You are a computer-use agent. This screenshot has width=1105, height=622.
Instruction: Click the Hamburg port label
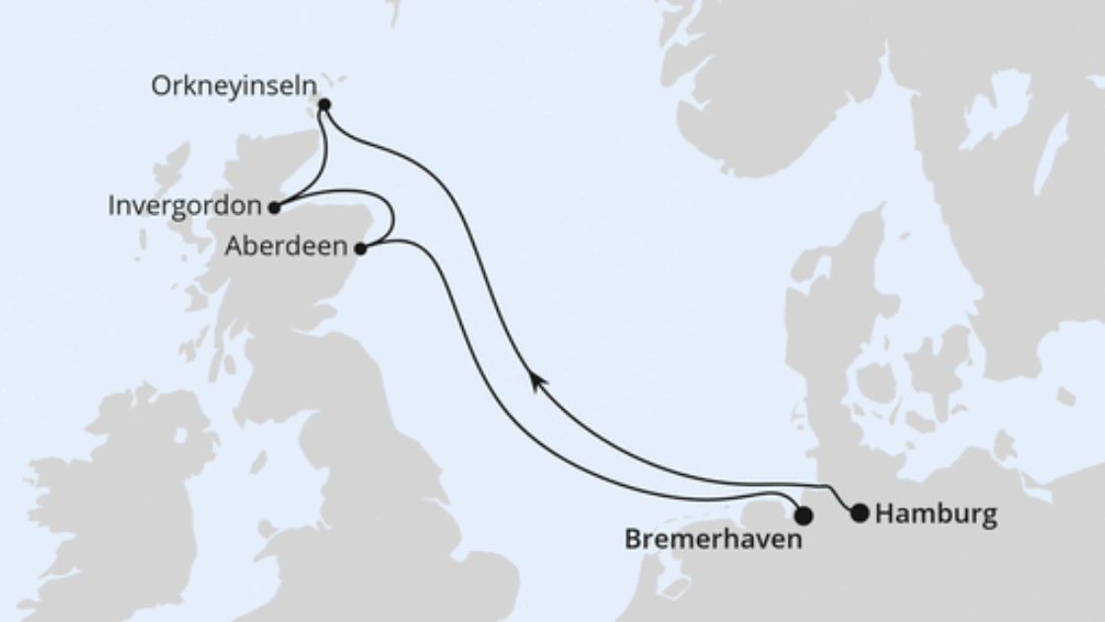click(x=935, y=514)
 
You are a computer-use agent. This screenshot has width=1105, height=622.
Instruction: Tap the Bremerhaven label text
click(x=713, y=539)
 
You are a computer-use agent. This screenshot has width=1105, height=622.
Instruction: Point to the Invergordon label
click(x=185, y=207)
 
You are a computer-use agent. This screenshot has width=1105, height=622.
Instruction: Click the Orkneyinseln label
click(x=235, y=87)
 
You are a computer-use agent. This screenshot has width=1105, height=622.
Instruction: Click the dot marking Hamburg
click(x=860, y=513)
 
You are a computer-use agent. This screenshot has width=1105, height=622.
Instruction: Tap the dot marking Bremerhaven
click(x=803, y=516)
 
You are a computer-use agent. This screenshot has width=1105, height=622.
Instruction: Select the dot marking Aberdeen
click(x=361, y=248)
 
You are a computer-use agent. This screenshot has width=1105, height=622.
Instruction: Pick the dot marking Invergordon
click(x=274, y=208)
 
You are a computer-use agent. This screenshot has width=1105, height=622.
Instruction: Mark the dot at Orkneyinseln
click(x=324, y=104)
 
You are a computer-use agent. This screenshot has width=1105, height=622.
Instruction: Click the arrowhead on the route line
click(x=535, y=380)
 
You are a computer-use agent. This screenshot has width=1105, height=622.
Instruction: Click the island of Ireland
click(x=118, y=493)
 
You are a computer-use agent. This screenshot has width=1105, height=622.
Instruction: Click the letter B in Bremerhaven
click(x=634, y=539)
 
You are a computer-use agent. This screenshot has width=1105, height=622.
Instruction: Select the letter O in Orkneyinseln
click(x=160, y=87)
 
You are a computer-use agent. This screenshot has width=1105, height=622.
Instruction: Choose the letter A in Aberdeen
click(x=234, y=246)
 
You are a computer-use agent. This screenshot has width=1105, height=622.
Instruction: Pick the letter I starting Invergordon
click(x=111, y=207)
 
